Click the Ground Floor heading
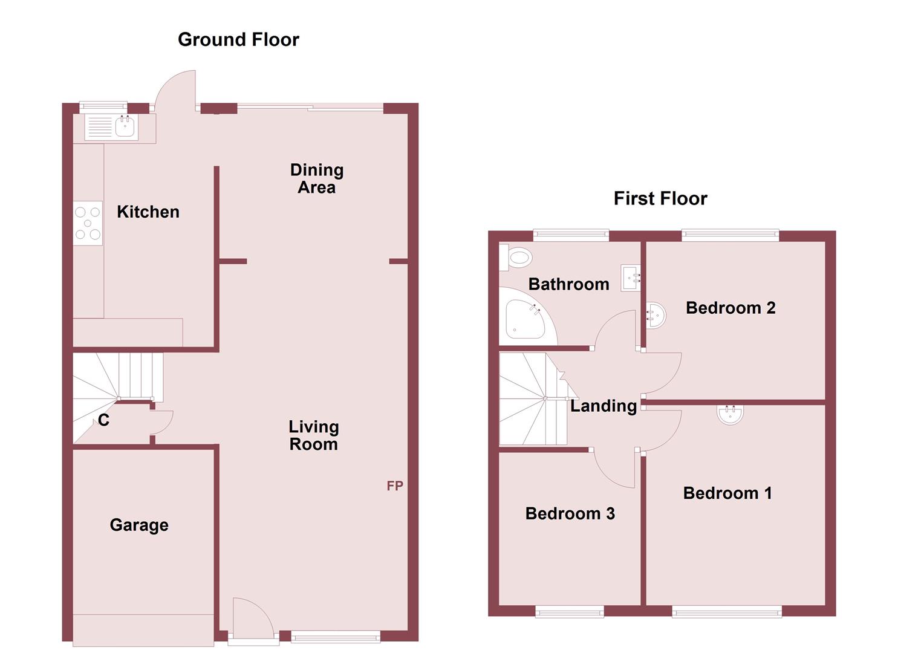click(238, 40)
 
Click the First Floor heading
click(660, 199)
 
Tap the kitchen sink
click(125, 127)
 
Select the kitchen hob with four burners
click(88, 223)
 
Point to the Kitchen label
click(148, 212)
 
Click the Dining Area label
click(316, 178)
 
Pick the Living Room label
click(313, 435)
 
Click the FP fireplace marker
click(395, 486)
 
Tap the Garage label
click(139, 525)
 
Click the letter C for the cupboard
click(103, 420)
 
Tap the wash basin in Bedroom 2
click(655, 315)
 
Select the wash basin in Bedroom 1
click(730, 414)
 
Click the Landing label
click(604, 406)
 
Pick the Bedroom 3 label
click(570, 514)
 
